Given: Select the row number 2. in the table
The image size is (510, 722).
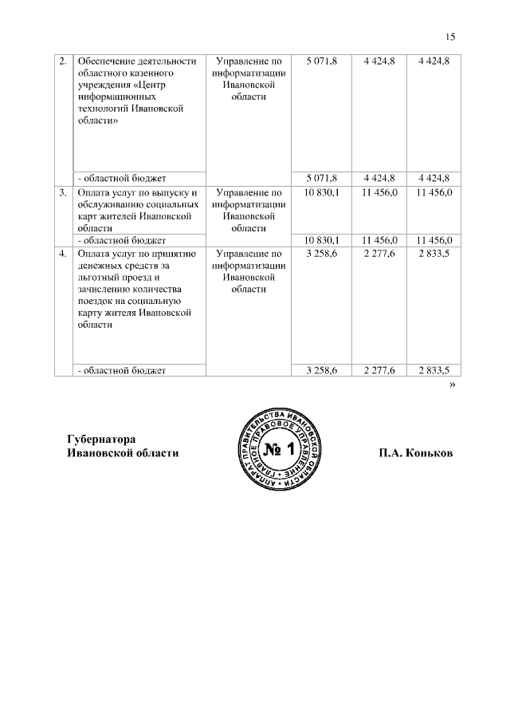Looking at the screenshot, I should (62, 61).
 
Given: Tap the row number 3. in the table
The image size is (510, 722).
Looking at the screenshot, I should (62, 192).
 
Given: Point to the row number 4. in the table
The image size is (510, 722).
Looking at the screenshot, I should (62, 254).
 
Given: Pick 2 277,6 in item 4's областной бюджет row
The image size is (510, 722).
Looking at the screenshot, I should (379, 369).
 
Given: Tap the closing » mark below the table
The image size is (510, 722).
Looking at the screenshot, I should (453, 385).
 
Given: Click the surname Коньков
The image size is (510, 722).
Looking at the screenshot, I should (431, 452).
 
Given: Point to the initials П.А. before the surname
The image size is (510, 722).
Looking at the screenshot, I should (391, 452).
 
